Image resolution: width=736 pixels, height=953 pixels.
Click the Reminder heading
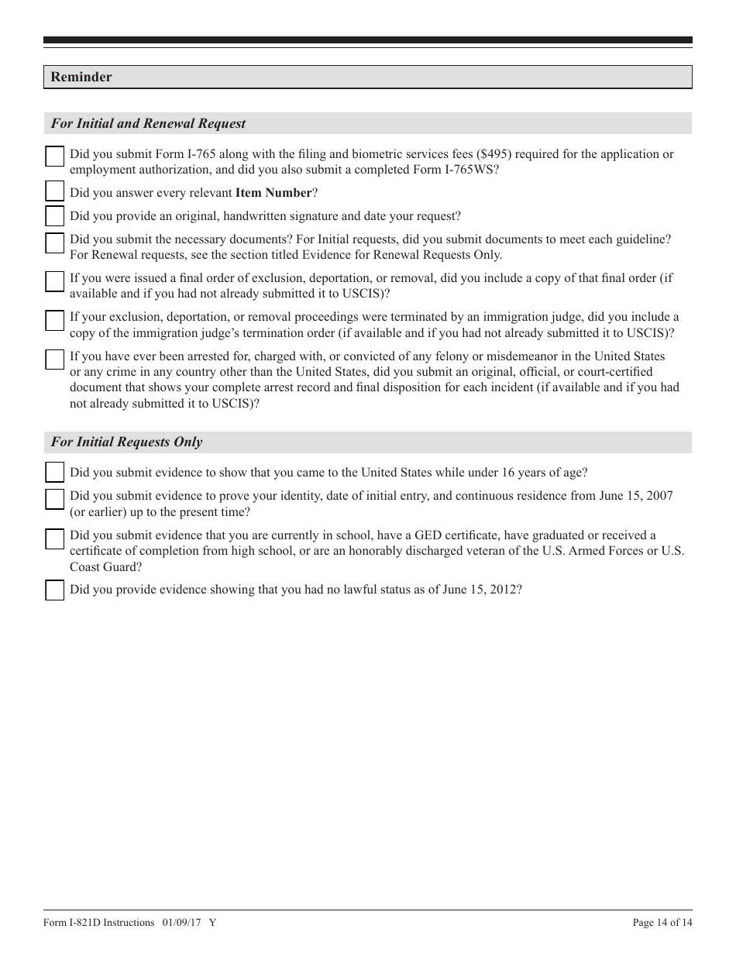(81, 77)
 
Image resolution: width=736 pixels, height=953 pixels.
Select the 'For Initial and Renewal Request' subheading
(148, 123)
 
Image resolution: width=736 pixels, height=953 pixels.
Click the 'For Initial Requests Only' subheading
(126, 442)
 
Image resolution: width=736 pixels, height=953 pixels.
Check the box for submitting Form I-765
(55, 157)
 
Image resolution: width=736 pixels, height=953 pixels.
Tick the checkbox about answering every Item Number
(55, 191)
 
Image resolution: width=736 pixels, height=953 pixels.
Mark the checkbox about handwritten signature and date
(55, 215)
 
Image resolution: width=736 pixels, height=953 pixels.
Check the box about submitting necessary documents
(55, 243)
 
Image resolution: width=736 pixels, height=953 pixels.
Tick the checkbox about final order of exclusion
(55, 281)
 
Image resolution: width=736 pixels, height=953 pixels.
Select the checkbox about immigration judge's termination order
(55, 320)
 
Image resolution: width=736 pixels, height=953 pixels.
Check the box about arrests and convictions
(55, 360)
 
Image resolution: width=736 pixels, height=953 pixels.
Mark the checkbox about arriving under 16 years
(55, 472)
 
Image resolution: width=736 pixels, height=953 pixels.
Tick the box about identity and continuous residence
(55, 500)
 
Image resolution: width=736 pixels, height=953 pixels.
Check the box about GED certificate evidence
(55, 539)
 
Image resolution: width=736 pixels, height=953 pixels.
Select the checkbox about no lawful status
(55, 590)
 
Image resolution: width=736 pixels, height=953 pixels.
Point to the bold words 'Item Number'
(273, 193)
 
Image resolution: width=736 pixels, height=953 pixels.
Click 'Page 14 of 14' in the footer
(662, 922)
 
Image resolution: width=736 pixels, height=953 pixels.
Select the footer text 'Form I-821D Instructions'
(99, 922)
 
